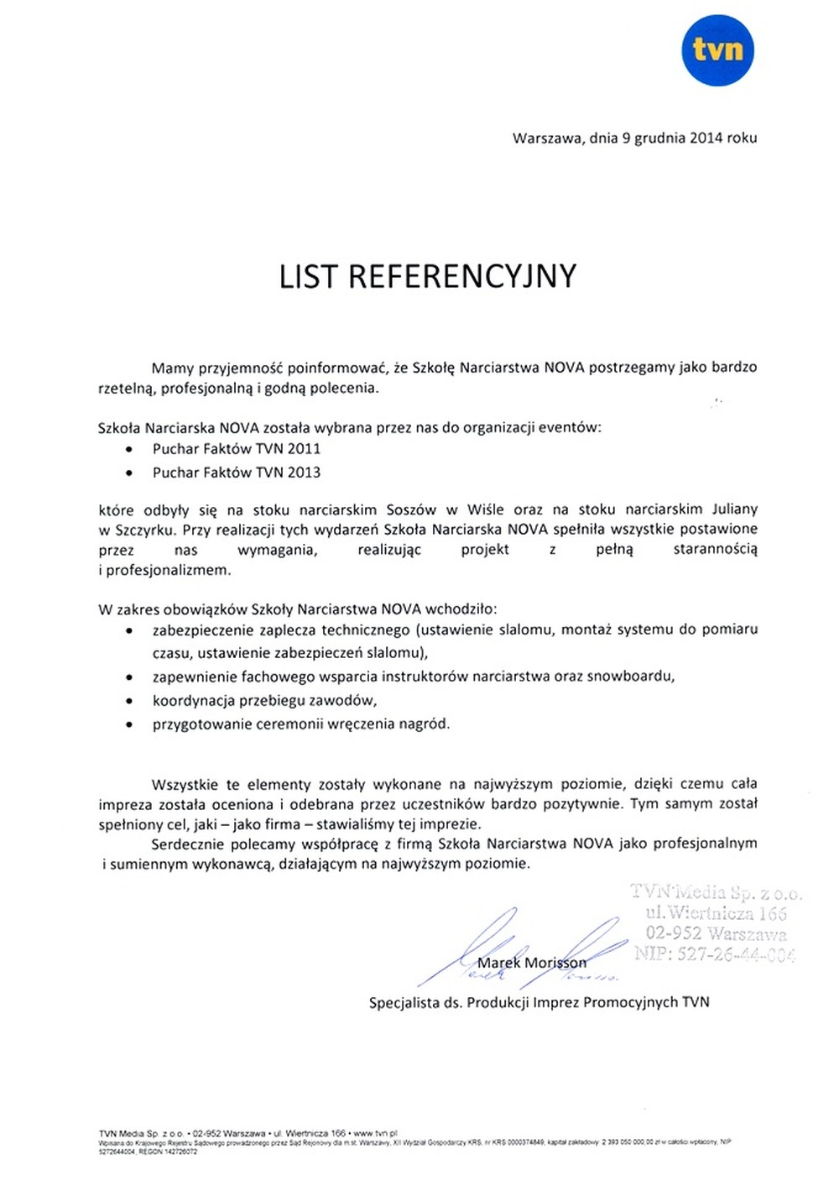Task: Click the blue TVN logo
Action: click(717, 50)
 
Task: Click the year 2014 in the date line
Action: click(706, 138)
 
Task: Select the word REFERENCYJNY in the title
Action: click(462, 276)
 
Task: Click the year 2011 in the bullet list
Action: click(304, 449)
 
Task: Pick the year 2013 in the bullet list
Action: click(304, 473)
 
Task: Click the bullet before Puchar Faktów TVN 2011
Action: click(128, 450)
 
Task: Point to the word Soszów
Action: click(411, 509)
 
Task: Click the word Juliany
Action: click(734, 509)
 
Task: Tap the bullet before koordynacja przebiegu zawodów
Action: click(128, 701)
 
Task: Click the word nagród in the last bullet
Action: click(429, 724)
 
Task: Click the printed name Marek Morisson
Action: click(532, 963)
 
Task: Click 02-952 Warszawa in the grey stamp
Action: click(716, 933)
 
